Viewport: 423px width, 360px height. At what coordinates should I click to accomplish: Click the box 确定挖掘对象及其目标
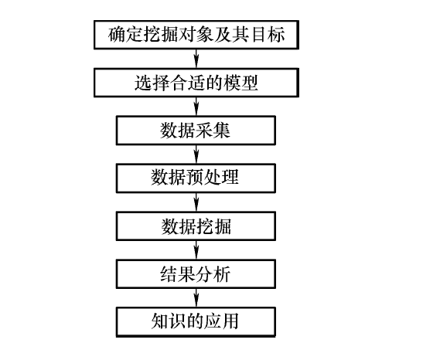pyautogui.click(x=196, y=35)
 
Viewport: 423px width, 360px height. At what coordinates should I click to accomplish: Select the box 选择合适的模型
pyautogui.click(x=196, y=83)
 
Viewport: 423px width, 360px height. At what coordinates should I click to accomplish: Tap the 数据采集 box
pyautogui.click(x=196, y=131)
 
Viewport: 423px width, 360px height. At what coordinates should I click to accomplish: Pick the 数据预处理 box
pyautogui.click(x=196, y=178)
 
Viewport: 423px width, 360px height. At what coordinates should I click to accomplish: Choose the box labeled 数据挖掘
pyautogui.click(x=196, y=226)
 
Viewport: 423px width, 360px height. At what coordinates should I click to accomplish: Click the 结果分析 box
pyautogui.click(x=196, y=274)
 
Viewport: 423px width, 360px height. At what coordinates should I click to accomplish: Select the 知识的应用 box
pyautogui.click(x=196, y=322)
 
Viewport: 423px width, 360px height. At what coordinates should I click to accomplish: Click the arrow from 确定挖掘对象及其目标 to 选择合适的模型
pyautogui.click(x=196, y=59)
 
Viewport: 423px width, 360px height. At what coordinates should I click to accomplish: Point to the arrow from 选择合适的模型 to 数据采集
pyautogui.click(x=196, y=107)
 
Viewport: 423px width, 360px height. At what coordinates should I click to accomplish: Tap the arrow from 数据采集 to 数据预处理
pyautogui.click(x=196, y=155)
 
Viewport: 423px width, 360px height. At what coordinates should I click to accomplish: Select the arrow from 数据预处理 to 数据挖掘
pyautogui.click(x=196, y=202)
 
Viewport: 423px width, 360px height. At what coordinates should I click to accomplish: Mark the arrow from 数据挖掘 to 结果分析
pyautogui.click(x=196, y=250)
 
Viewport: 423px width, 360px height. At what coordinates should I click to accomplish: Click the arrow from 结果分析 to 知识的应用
pyautogui.click(x=196, y=298)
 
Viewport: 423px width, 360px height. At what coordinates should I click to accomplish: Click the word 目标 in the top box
pyautogui.click(x=268, y=35)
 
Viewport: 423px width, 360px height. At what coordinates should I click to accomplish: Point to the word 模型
pyautogui.click(x=241, y=83)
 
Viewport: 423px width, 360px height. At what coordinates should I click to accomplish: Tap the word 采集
pyautogui.click(x=213, y=131)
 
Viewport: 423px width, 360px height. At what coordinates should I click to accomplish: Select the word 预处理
pyautogui.click(x=213, y=178)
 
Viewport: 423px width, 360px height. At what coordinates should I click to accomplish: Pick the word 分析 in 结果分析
pyautogui.click(x=213, y=274)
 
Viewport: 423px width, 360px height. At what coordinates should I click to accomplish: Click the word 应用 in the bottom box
pyautogui.click(x=222, y=321)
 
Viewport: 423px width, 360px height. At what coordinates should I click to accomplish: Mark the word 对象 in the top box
pyautogui.click(x=196, y=35)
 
